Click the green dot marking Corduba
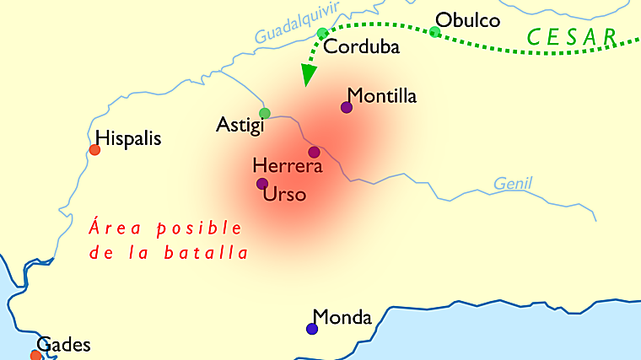[x=322, y=34]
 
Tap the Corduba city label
[x=361, y=47]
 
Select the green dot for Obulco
[x=434, y=32]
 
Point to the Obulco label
[x=467, y=19]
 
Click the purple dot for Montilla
[x=346, y=107]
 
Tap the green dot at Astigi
[x=264, y=113]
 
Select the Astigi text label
[x=240, y=126]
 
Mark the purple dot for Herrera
[x=314, y=153]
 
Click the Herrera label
[x=288, y=166]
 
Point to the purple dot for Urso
[x=262, y=184]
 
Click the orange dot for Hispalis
[x=94, y=150]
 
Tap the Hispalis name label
[x=128, y=137]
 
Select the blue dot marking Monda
[x=312, y=329]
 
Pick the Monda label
[x=342, y=318]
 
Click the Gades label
[x=63, y=345]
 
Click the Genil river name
[x=513, y=184]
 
